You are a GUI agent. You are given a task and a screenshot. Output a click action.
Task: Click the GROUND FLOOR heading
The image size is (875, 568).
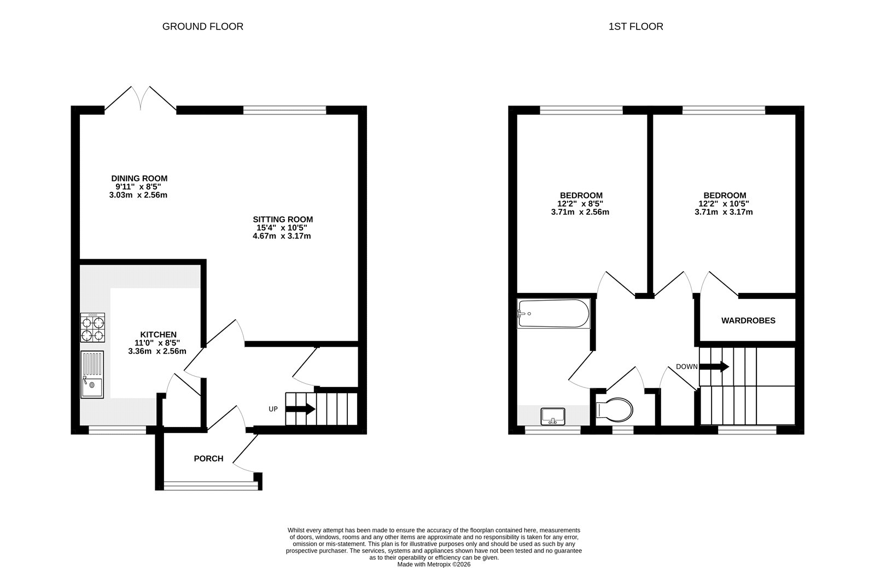click(202, 26)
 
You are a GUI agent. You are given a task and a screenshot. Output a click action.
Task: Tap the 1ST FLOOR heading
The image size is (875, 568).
click(635, 26)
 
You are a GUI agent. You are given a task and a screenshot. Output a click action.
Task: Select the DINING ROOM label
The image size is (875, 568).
click(139, 178)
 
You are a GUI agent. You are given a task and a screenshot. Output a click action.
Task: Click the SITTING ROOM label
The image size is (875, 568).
click(282, 219)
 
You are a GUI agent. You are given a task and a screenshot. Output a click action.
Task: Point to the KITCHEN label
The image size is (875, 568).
click(158, 335)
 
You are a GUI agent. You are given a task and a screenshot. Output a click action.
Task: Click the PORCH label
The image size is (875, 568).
click(208, 459)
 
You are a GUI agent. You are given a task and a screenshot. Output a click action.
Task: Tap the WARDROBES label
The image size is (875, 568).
click(748, 321)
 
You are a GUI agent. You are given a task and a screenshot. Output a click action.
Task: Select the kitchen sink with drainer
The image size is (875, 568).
click(92, 374)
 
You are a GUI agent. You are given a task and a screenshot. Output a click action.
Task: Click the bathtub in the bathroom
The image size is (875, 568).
click(553, 314)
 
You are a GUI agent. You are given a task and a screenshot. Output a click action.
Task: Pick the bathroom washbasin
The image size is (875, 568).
click(552, 417)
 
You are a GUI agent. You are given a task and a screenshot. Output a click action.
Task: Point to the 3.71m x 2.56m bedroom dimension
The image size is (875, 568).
click(580, 212)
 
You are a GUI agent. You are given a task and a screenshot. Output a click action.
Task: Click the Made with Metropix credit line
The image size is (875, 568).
click(434, 565)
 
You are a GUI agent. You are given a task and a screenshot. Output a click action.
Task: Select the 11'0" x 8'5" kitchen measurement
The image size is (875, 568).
click(158, 343)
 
